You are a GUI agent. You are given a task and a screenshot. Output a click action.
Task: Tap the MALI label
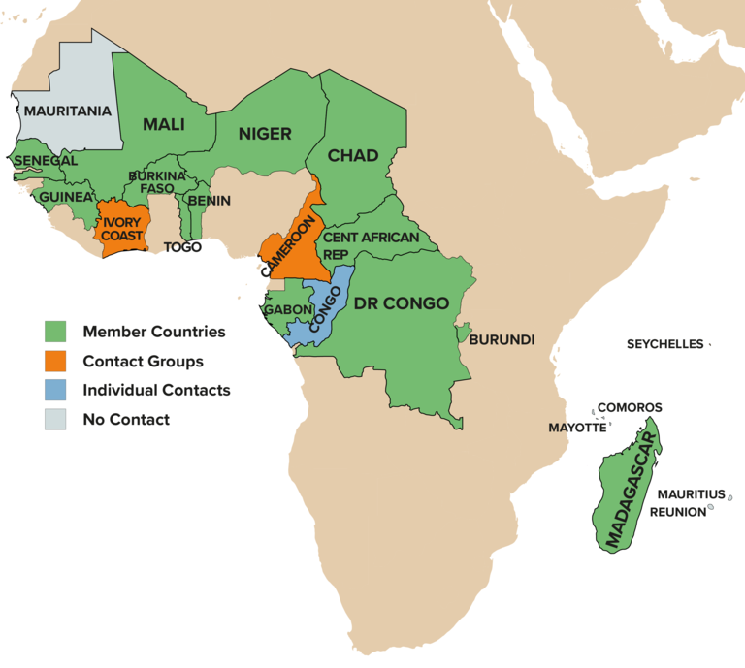pyautogui.click(x=163, y=124)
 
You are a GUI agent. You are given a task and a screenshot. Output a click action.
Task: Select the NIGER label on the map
pyautogui.click(x=265, y=134)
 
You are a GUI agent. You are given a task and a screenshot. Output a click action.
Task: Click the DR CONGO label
pyautogui.click(x=401, y=303)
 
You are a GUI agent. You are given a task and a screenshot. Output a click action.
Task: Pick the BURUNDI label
pyautogui.click(x=502, y=340)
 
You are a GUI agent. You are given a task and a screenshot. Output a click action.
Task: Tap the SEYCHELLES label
pyautogui.click(x=664, y=344)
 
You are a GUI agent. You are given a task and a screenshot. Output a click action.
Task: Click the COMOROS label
pyautogui.click(x=630, y=407)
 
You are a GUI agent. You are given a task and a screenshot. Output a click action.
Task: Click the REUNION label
pyautogui.click(x=677, y=512)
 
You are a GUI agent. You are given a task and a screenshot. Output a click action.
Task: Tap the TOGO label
pyautogui.click(x=182, y=247)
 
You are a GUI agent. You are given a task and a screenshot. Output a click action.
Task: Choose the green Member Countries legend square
pyautogui.click(x=55, y=332)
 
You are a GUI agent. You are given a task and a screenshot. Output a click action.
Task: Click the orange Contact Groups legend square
pyautogui.click(x=55, y=361)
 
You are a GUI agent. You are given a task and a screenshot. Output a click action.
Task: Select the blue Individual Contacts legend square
pyautogui.click(x=55, y=390)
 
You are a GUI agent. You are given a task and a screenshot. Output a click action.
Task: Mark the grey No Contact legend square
pyautogui.click(x=55, y=419)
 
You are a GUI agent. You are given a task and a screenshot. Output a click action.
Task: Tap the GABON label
pyautogui.click(x=287, y=310)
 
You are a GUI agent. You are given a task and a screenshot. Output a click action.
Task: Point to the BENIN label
pyautogui.click(x=209, y=201)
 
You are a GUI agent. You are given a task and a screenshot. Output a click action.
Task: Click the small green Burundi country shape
pyautogui.click(x=464, y=333)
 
